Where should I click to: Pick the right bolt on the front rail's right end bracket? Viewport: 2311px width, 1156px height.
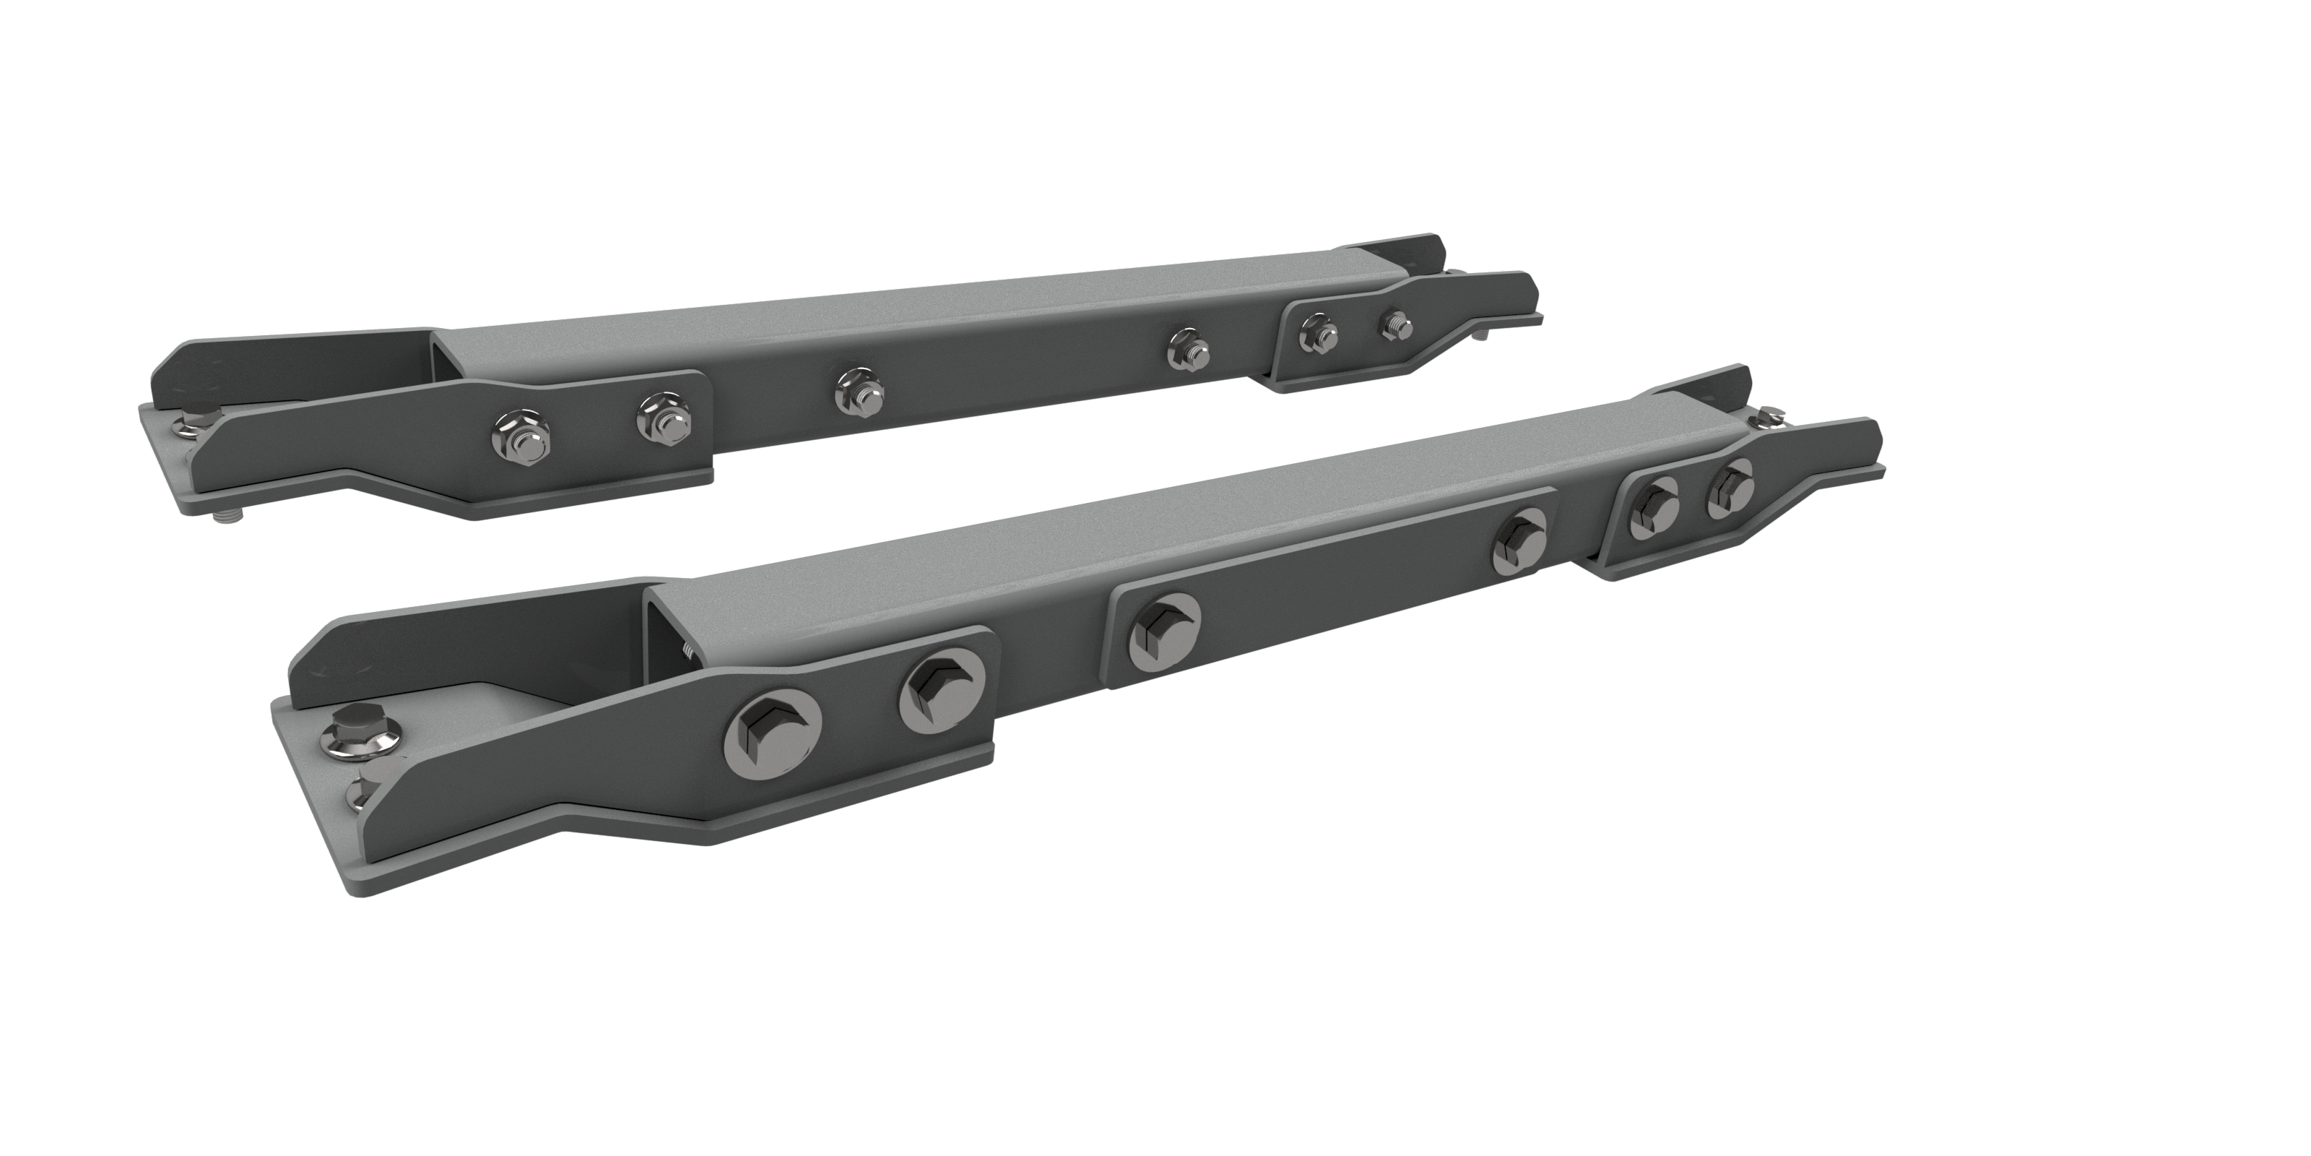coord(1725,489)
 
